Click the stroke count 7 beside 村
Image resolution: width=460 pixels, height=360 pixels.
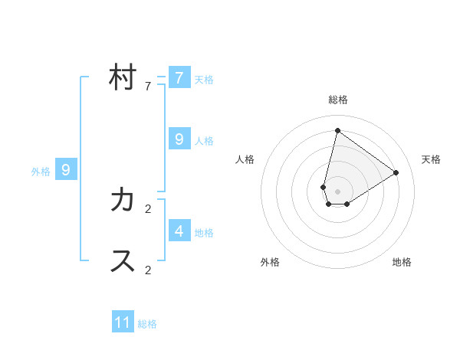coord(148,87)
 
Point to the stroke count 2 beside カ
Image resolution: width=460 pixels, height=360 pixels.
coord(148,208)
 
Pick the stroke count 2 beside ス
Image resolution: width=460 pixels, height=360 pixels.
coord(148,270)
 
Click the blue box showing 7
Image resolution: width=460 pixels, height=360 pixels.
coord(179,78)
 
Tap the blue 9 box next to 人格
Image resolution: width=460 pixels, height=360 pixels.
coord(179,139)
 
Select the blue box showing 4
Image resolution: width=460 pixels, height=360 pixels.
coord(179,231)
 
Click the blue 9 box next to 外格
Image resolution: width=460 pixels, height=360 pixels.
coord(66,170)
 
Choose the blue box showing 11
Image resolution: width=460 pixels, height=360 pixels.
coord(123,322)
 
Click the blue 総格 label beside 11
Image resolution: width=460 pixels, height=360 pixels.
coord(147,324)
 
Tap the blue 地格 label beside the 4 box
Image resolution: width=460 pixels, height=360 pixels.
coord(204,233)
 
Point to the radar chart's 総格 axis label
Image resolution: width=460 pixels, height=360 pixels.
coord(337,100)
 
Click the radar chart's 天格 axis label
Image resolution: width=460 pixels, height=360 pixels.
coord(431,159)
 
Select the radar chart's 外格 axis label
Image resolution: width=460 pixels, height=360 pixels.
coord(270,262)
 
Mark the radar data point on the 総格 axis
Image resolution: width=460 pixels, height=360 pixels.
coord(337,130)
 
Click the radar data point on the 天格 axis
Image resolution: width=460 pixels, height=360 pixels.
coord(396,172)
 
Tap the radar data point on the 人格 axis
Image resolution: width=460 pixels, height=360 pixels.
coord(324,187)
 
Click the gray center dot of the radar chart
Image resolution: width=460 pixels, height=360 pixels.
coord(337,191)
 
